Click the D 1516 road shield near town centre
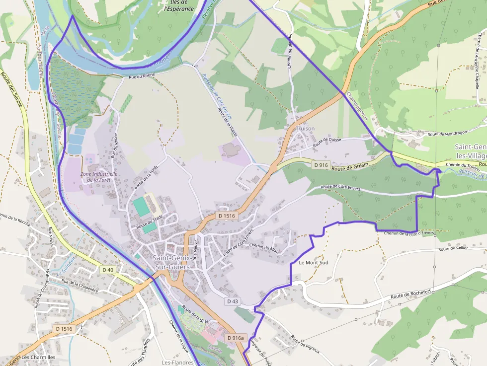226,216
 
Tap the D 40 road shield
107,270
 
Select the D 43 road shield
233,301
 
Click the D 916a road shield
236,338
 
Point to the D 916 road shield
321,164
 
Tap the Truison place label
305,129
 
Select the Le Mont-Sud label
314,262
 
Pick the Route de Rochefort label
410,295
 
